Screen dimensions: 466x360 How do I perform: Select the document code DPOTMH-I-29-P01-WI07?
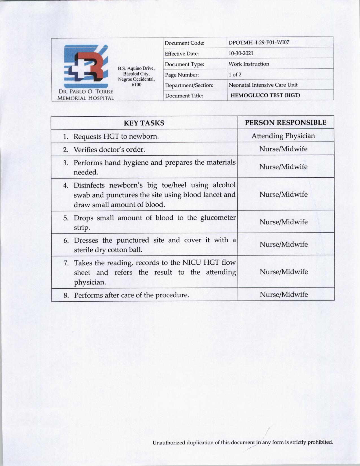259,43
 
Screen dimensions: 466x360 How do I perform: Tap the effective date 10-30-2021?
241,53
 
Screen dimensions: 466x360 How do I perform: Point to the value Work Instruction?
249,64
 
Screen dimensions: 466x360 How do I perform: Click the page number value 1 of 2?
235,75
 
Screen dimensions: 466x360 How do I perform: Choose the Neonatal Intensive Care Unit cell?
263,85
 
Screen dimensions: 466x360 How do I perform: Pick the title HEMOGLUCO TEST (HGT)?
265,95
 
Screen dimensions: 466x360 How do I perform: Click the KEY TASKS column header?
144,123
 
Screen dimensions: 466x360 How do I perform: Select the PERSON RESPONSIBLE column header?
285,123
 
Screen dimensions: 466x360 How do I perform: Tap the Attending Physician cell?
283,136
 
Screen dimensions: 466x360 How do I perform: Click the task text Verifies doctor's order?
109,150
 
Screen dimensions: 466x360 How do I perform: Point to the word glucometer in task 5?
218,218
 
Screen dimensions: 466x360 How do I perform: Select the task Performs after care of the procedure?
131,295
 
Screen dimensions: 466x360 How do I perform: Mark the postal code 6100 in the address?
136,84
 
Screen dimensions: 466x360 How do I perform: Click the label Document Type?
185,64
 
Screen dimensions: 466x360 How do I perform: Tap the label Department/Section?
189,85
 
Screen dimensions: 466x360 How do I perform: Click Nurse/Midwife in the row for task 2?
283,149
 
